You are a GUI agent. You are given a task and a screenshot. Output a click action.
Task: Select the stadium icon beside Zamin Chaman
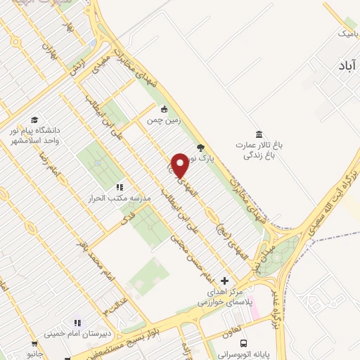pyautogui.click(x=164, y=109)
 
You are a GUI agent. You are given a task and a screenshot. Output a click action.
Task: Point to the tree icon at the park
pyautogui.click(x=201, y=148)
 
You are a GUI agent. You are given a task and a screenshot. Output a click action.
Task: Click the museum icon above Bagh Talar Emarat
pyautogui.click(x=259, y=134)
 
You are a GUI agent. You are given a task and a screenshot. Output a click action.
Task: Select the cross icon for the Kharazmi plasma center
pyautogui.click(x=224, y=281)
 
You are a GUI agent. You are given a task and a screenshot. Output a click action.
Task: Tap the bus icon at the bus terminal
pyautogui.click(x=243, y=343)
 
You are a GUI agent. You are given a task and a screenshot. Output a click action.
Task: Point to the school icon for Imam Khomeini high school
pyautogui.click(x=77, y=323)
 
